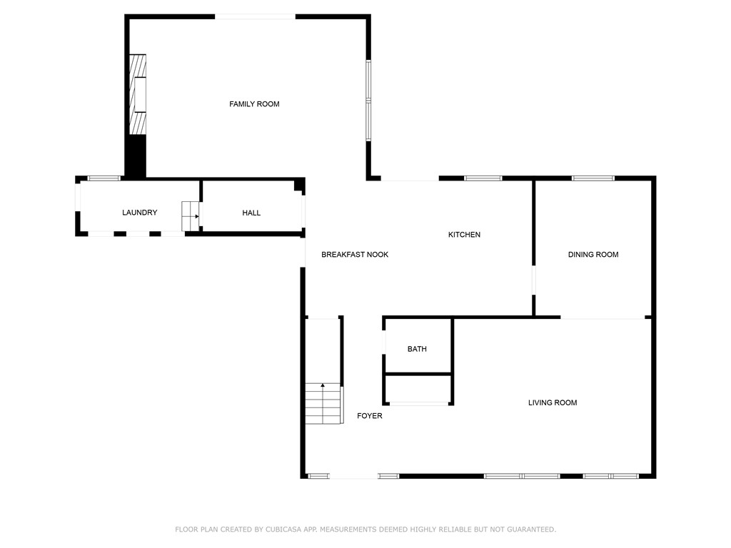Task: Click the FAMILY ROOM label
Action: tap(254, 104)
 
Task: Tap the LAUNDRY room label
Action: tap(139, 213)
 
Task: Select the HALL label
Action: tap(251, 213)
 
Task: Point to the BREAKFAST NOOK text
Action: tap(355, 255)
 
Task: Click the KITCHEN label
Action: tap(464, 235)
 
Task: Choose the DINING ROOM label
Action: tap(593, 255)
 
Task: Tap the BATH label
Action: tap(417, 349)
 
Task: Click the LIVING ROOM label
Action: tap(552, 403)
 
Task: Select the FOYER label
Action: tap(370, 416)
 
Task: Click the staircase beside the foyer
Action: tap(324, 404)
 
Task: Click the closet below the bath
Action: tap(418, 390)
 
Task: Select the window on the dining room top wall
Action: tap(593, 178)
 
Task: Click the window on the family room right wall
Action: tap(369, 100)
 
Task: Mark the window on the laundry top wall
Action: tap(104, 178)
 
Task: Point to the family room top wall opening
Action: tap(255, 16)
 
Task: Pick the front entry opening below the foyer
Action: tap(353, 476)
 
